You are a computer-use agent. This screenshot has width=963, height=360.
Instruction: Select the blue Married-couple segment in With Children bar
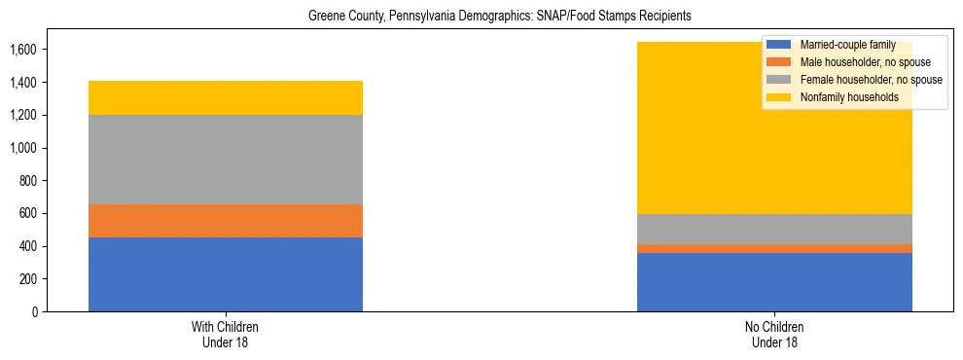(226, 274)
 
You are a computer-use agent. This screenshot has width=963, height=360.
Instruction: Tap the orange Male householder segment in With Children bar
(226, 221)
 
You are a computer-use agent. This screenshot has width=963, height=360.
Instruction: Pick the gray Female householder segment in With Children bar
(226, 160)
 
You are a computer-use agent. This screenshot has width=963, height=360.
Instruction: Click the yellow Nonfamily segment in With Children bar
(226, 97)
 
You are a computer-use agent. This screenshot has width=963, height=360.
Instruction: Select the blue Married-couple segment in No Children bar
(774, 282)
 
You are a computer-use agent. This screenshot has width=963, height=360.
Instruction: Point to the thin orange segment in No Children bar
(774, 248)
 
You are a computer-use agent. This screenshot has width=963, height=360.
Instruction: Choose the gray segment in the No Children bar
(774, 229)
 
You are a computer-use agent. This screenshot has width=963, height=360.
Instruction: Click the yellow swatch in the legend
(779, 97)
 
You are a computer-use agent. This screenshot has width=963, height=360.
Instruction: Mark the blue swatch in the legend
(779, 45)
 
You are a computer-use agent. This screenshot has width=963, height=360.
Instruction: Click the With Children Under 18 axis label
(226, 335)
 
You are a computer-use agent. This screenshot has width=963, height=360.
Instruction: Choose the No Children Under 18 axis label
(774, 335)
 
